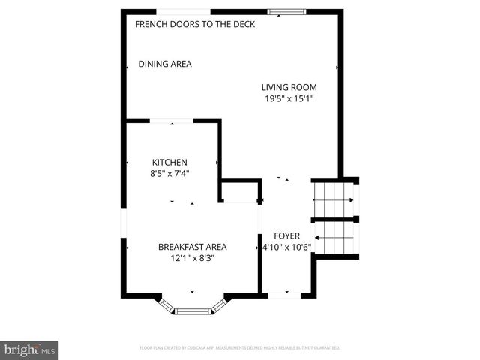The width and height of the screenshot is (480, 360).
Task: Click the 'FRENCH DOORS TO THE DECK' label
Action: coord(195,24)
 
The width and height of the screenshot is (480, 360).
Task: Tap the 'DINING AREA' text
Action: coord(165,64)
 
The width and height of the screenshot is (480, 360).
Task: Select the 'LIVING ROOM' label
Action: coord(289,87)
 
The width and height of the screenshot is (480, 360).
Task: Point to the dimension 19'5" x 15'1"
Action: coord(289,98)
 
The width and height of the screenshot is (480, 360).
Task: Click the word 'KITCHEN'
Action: coord(169,162)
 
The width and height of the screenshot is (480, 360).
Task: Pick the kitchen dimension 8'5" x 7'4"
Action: coord(169,173)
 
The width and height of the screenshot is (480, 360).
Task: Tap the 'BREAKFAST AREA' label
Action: coord(192,246)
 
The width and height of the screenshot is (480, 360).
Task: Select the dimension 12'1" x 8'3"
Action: coord(192,257)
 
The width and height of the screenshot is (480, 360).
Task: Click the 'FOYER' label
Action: coord(286,235)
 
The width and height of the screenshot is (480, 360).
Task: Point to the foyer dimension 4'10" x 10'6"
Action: coord(286,247)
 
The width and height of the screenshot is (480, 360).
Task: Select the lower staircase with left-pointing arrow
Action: coord(334,238)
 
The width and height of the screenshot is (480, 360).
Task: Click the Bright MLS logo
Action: coord(30,349)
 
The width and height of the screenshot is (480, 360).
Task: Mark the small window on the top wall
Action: coord(286,12)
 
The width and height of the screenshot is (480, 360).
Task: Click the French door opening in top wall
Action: coord(183,12)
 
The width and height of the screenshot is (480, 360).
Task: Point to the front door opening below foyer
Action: coord(284,295)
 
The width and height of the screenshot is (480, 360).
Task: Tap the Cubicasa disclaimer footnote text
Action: coord(240,348)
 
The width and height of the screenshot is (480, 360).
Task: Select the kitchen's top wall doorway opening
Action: coord(172,120)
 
